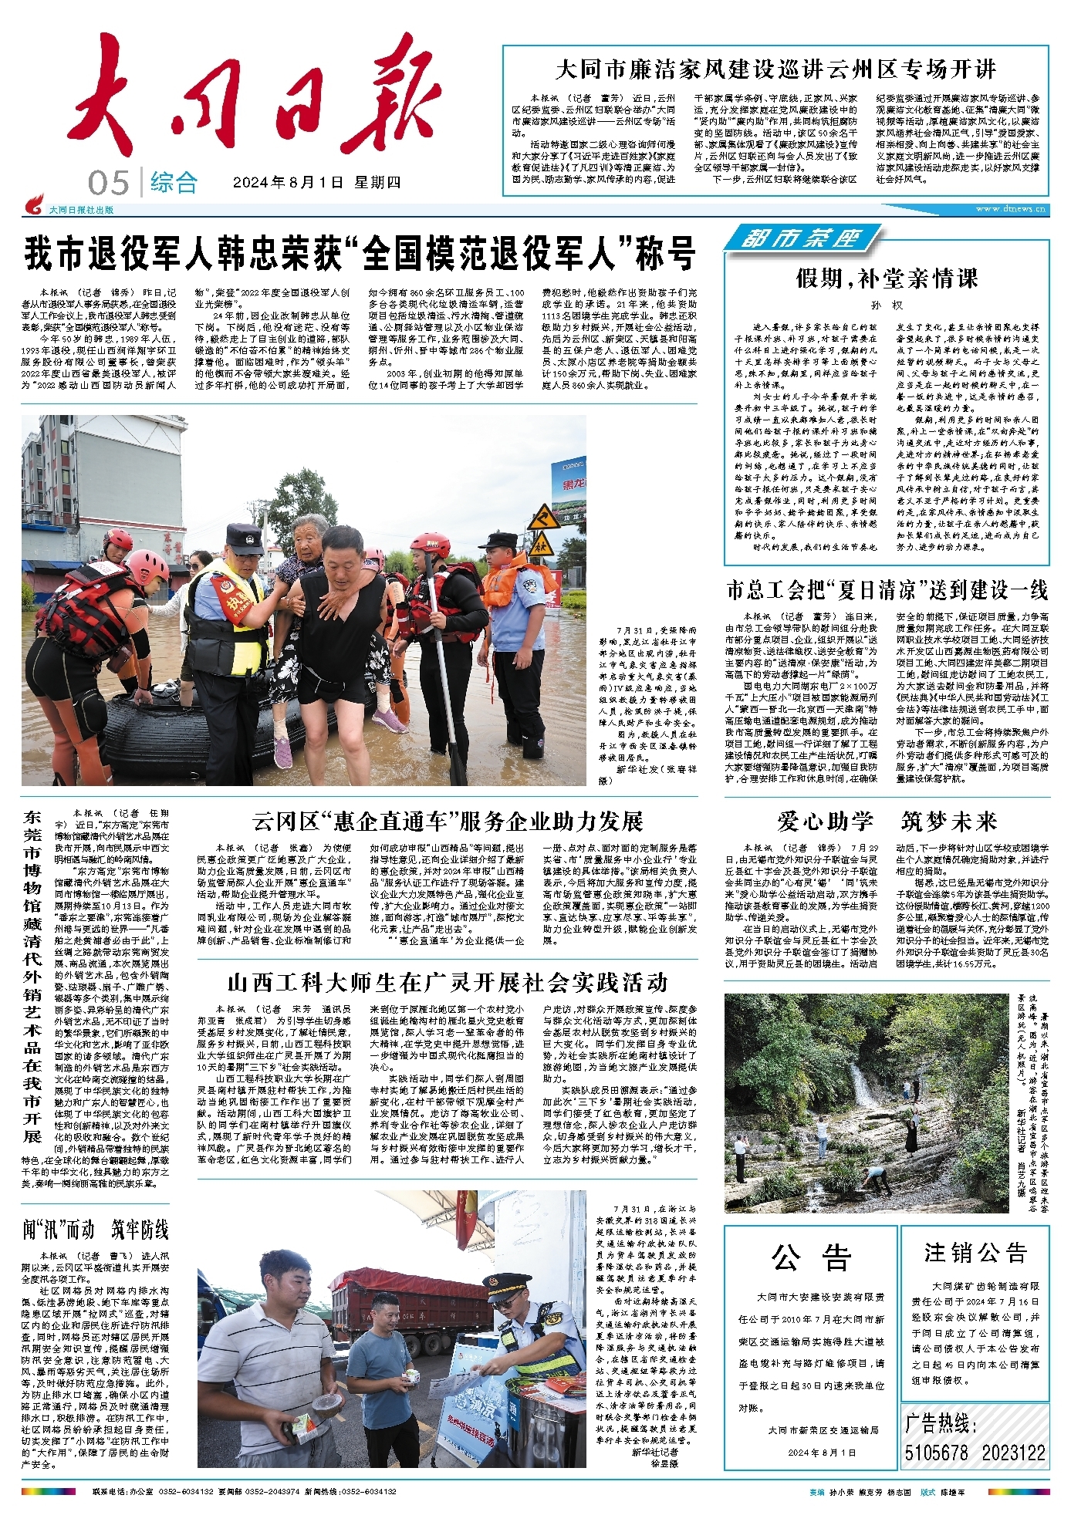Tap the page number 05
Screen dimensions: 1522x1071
[108, 184]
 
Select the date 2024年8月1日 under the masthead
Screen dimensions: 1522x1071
[288, 183]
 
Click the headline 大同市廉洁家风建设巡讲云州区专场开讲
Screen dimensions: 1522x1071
[775, 69]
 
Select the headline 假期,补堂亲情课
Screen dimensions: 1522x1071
[887, 278]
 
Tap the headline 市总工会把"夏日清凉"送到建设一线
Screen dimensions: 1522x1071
[887, 590]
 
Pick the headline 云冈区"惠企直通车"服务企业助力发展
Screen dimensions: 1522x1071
[448, 822]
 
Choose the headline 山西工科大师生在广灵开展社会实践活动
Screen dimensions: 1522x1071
[448, 983]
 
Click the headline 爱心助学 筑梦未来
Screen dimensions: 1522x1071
[887, 822]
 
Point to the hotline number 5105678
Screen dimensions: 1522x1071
[936, 1453]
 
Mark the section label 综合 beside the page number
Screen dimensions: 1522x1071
[174, 183]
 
